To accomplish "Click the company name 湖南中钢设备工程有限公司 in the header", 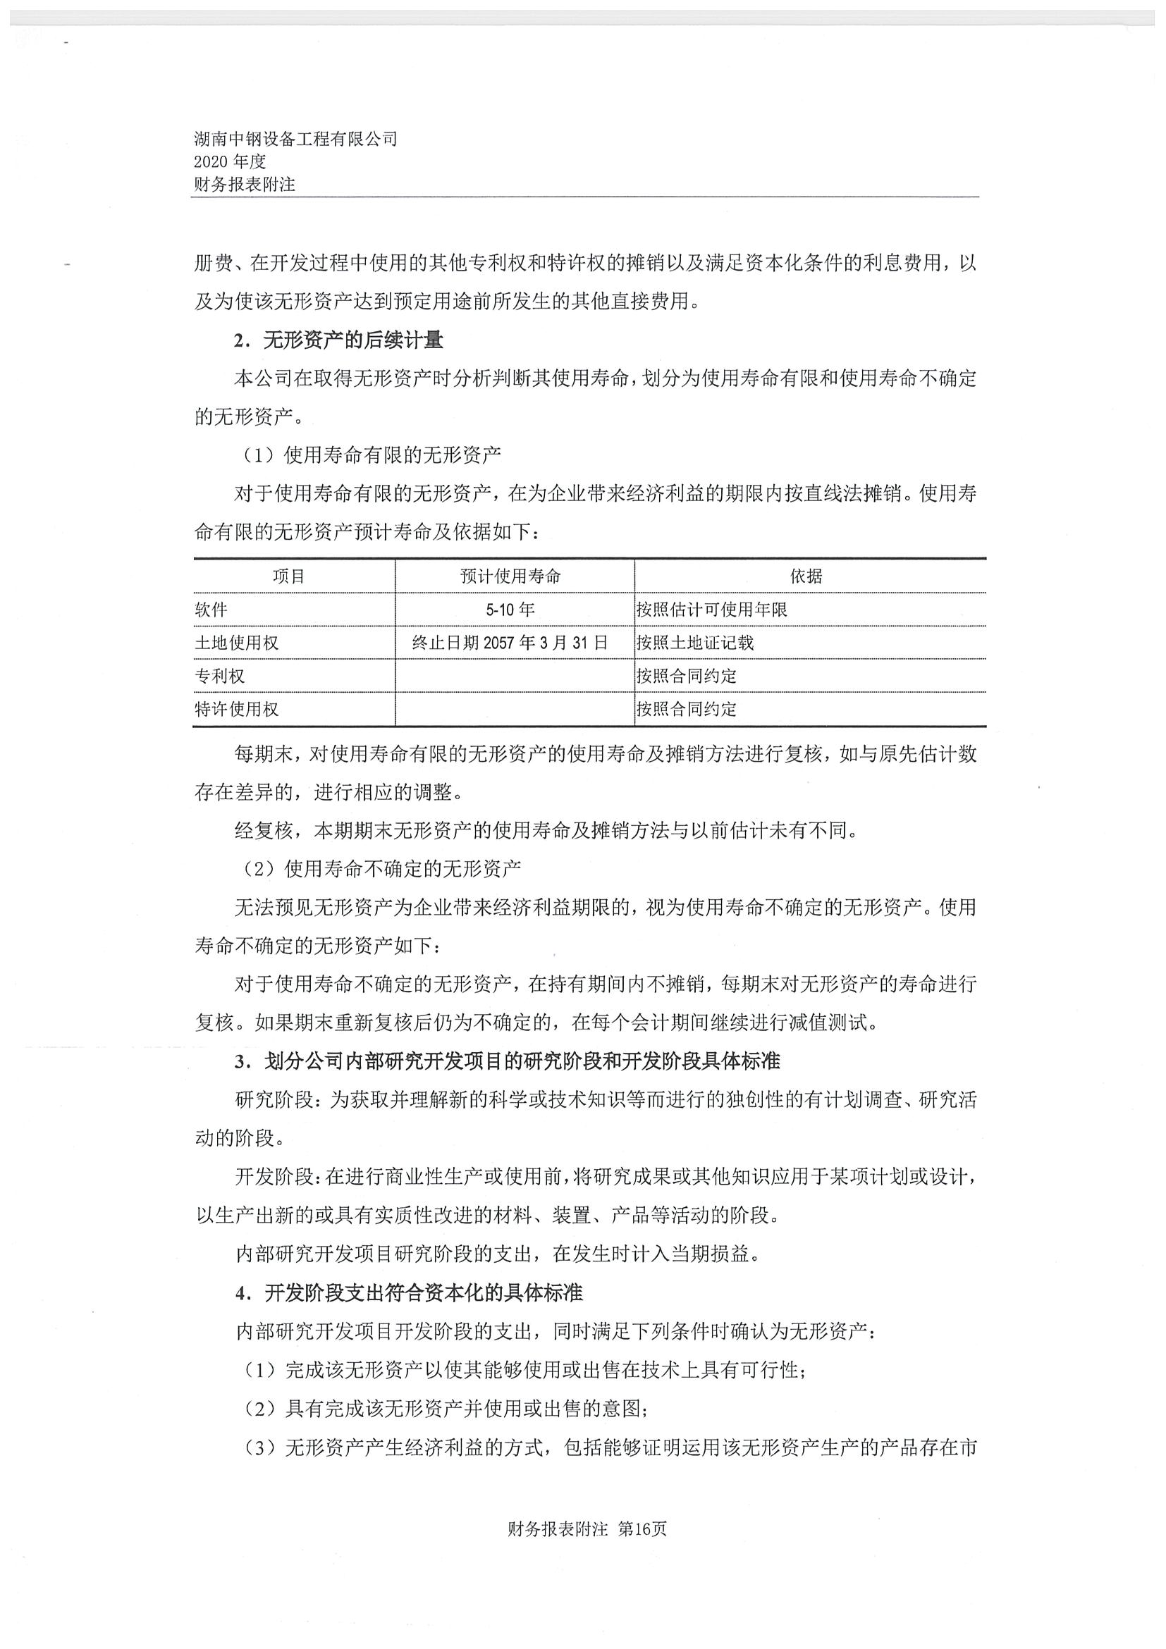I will (x=295, y=140).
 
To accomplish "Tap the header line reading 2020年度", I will (x=230, y=162).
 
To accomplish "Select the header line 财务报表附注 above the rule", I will (x=244, y=185).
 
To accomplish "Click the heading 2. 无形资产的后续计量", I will (x=338, y=340).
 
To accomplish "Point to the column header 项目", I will (x=289, y=576).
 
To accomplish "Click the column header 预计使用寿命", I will (x=511, y=576).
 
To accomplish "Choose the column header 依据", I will (x=806, y=576).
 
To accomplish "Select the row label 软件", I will (x=211, y=610).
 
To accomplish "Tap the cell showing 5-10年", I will (x=511, y=610).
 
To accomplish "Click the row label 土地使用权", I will (x=236, y=643).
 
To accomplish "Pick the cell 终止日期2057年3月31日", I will (x=511, y=643).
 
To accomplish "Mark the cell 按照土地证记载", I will (x=694, y=643).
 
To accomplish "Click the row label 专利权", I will (x=220, y=676).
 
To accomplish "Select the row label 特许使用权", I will (x=236, y=710).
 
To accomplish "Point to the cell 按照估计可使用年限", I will (x=711, y=610).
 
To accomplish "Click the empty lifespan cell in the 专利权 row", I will (x=515, y=676).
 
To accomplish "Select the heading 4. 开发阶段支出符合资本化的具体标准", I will (x=408, y=1294).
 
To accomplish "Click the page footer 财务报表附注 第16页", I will (x=587, y=1529).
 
